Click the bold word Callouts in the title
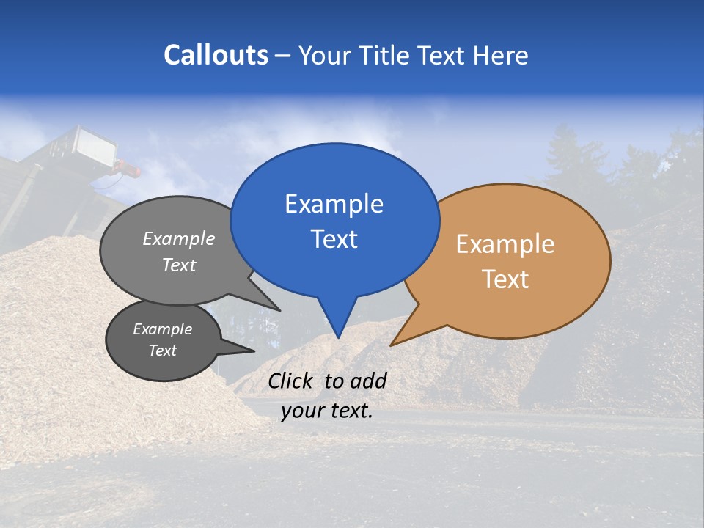[216, 55]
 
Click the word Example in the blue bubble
[334, 204]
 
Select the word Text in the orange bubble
[505, 279]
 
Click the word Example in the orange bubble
[505, 244]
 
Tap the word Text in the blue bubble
[334, 239]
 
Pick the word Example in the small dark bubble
[162, 329]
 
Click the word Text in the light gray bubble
[179, 265]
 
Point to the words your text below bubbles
[327, 411]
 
